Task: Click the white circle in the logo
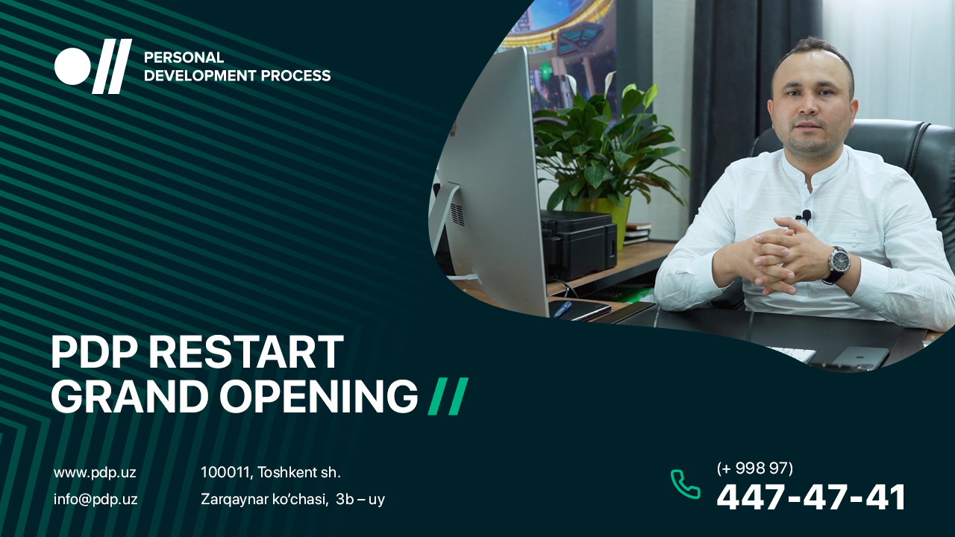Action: tap(72, 66)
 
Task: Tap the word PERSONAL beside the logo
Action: tap(184, 57)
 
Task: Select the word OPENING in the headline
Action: tap(319, 395)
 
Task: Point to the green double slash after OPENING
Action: tap(448, 396)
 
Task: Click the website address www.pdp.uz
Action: tap(95, 473)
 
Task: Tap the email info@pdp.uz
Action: tap(95, 499)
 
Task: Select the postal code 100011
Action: tap(225, 472)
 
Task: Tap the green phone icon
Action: tap(685, 484)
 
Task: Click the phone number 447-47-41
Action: tap(811, 497)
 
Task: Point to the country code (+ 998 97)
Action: tap(754, 468)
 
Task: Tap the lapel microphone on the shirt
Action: tap(805, 216)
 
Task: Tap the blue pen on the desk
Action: tap(562, 309)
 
